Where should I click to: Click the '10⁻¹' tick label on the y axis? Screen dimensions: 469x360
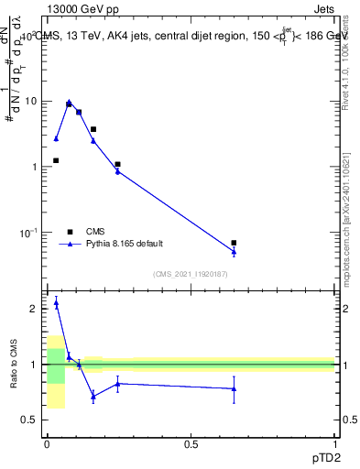click(x=30, y=232)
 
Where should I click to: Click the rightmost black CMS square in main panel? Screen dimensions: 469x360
click(x=234, y=243)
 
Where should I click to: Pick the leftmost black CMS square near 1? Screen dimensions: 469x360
click(x=56, y=160)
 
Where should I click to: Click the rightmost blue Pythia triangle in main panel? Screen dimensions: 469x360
click(x=234, y=252)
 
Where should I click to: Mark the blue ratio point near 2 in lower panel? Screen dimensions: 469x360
click(x=56, y=303)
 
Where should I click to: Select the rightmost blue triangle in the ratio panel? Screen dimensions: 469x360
click(x=234, y=389)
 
